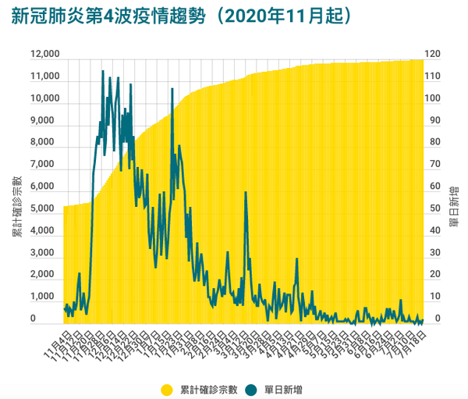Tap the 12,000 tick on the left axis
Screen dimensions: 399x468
point(45,55)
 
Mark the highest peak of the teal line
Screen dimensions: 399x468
point(103,72)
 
